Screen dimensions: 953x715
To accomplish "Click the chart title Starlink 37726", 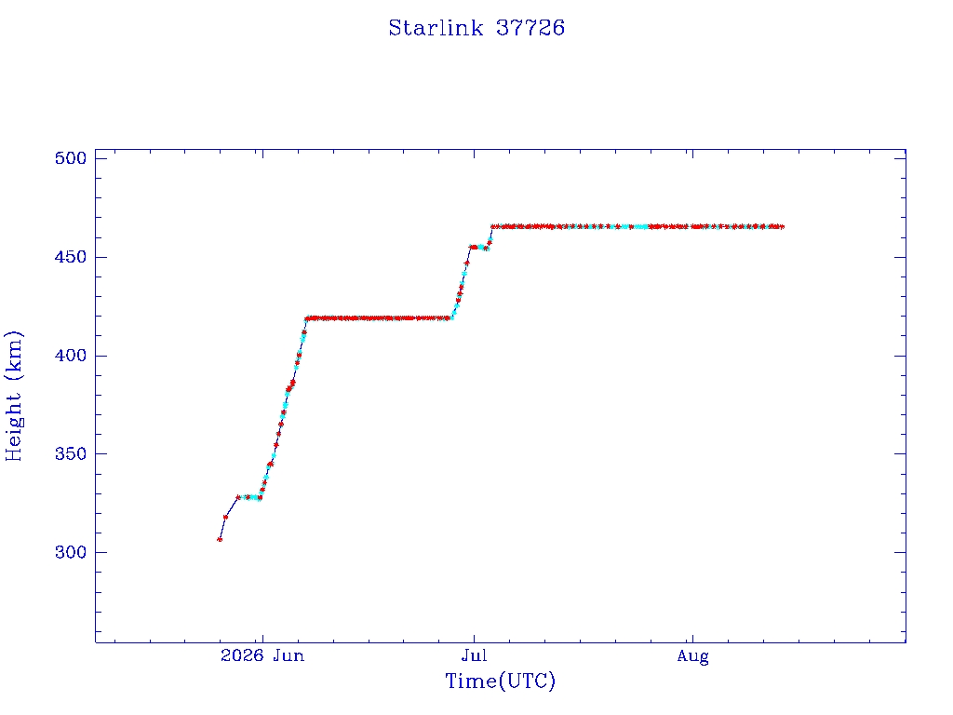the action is click(476, 28).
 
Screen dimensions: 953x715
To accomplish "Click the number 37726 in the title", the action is click(530, 28).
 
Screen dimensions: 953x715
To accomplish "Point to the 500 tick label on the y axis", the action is click(71, 158).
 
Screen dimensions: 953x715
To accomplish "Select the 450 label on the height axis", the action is click(71, 257).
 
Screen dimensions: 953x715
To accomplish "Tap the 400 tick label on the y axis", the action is click(71, 356).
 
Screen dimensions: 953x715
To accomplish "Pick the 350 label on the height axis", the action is click(71, 453).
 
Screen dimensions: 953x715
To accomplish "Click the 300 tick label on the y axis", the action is click(71, 552).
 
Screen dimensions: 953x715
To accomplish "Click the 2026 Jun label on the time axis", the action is click(262, 655).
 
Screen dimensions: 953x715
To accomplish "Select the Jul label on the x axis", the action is click(474, 655).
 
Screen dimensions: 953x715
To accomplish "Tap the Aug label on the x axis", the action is click(692, 656).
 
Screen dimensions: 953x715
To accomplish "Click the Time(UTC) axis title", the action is click(500, 681).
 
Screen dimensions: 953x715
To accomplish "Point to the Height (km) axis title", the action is click(13, 396).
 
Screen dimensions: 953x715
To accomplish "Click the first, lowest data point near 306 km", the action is click(220, 539).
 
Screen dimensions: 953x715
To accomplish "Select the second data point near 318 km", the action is click(225, 517).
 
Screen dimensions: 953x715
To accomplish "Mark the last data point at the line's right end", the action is click(782, 227).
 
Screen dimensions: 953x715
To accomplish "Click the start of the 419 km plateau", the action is click(307, 318).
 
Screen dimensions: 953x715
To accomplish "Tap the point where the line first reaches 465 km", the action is click(492, 227).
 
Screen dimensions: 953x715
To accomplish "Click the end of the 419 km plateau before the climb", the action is click(450, 318).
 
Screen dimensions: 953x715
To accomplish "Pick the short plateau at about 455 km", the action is click(479, 247).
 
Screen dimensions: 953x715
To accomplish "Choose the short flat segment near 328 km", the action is click(249, 497).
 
